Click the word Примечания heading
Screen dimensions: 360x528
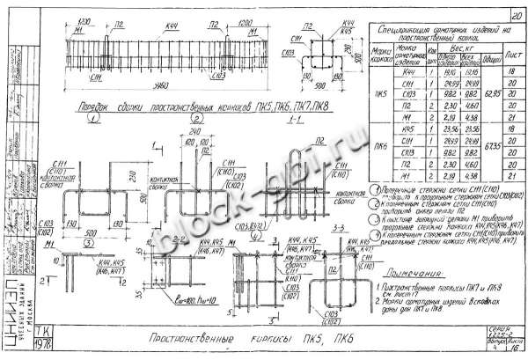(415, 275)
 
